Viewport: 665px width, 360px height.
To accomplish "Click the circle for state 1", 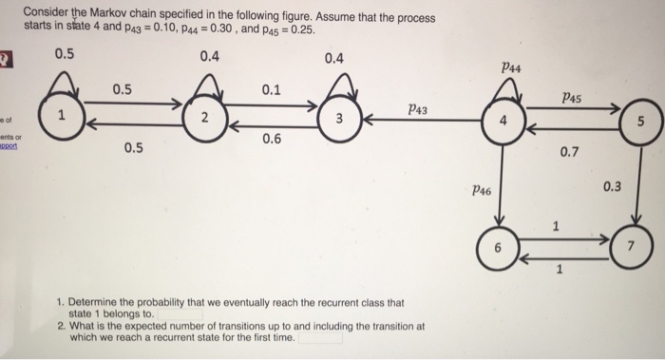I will click(x=62, y=118).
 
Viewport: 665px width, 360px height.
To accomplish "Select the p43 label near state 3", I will click(x=415, y=109).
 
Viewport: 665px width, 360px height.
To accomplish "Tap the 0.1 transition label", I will click(x=271, y=91).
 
